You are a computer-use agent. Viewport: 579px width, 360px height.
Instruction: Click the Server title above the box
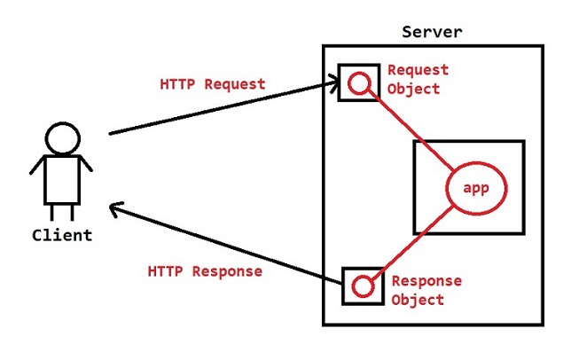[432, 32]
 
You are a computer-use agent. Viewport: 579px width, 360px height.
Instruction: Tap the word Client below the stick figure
[61, 235]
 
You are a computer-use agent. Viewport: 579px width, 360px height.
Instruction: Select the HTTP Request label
[212, 85]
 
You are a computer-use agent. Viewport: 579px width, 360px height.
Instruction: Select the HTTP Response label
[205, 271]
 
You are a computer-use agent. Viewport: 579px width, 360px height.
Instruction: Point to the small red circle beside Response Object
[362, 286]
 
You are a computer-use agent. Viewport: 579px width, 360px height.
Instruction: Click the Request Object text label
[418, 79]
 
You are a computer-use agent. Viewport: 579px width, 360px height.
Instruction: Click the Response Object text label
[426, 290]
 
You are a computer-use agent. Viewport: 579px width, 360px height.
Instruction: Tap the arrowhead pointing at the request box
[333, 83]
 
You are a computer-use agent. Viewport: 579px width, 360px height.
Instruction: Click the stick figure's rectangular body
[63, 177]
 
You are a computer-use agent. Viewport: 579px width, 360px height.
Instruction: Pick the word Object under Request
[413, 88]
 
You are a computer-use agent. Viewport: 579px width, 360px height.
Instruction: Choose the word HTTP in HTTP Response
[165, 271]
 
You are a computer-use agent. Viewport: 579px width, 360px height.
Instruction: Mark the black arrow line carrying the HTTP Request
[222, 109]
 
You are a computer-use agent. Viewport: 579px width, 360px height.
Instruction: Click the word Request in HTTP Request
[234, 85]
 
